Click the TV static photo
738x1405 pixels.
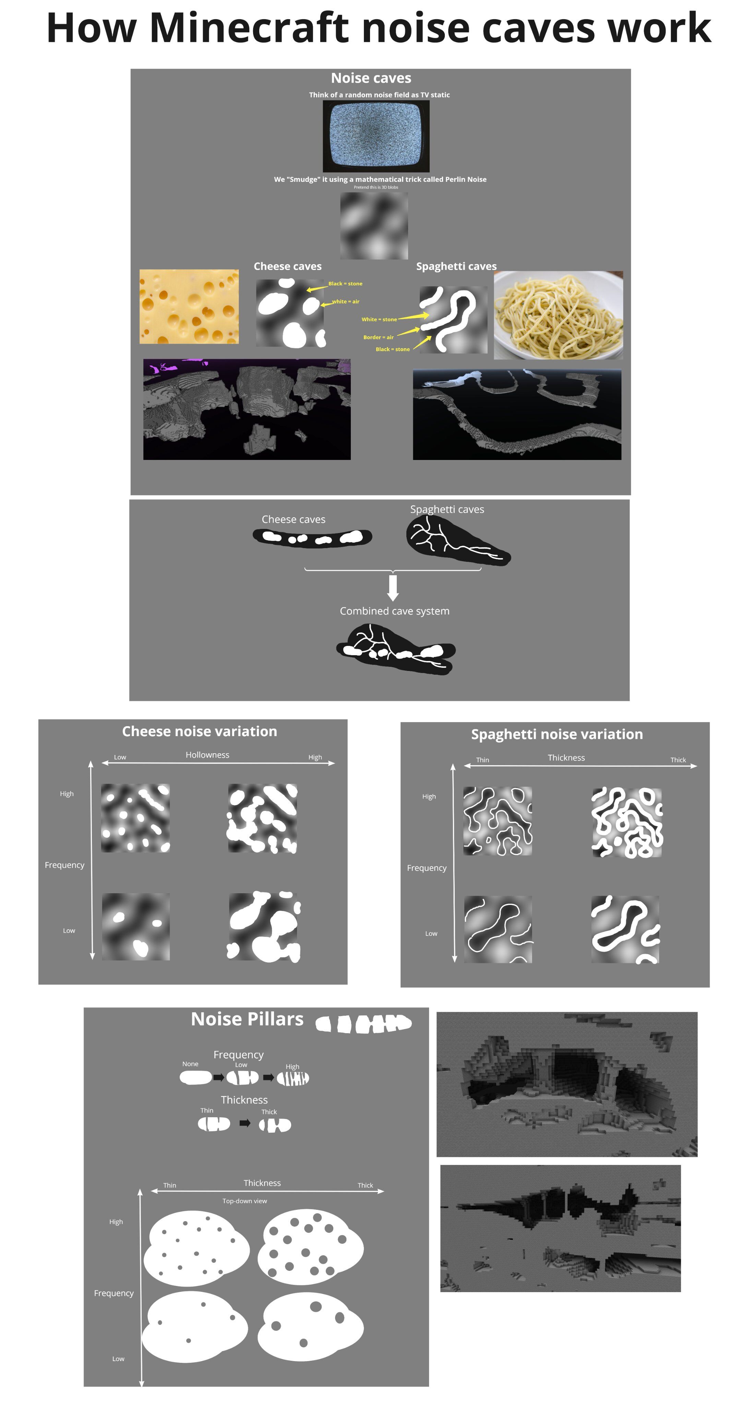(376, 136)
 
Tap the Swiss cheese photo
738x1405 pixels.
(189, 306)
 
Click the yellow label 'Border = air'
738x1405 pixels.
(378, 337)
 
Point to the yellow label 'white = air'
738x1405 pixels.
(345, 301)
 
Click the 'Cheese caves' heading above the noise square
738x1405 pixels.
(287, 266)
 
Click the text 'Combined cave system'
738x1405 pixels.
(394, 611)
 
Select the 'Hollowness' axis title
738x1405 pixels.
(207, 755)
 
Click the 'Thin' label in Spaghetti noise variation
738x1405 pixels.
(482, 760)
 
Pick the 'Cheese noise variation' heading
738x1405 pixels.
(199, 731)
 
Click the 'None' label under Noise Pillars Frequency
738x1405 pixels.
(190, 1064)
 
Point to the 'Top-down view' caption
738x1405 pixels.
(245, 1201)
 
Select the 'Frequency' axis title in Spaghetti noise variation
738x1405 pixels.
(427, 868)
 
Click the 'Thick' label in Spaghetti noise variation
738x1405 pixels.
(678, 760)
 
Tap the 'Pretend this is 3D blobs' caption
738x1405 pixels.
(376, 187)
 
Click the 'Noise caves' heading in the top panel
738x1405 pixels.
(371, 78)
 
